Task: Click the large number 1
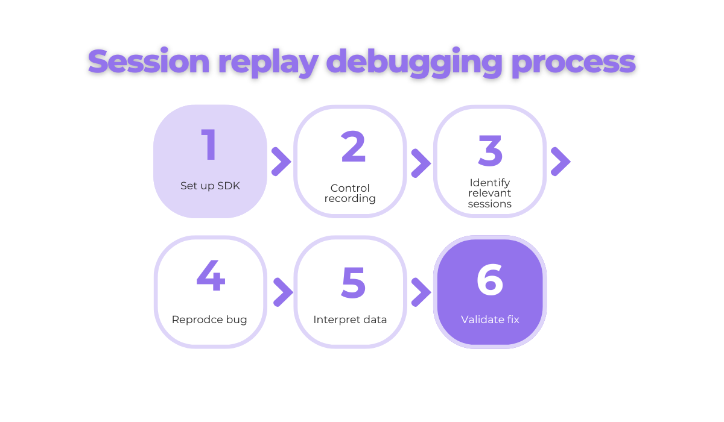tap(209, 146)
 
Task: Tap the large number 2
tap(354, 147)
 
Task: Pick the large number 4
tap(211, 277)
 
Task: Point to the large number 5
tap(354, 282)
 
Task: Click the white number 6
tap(490, 280)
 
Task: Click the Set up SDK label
tap(210, 186)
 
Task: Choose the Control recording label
tap(350, 194)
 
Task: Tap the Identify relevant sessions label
tap(490, 193)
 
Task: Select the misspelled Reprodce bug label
tap(209, 320)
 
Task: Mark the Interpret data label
tap(350, 320)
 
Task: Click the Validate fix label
tap(490, 320)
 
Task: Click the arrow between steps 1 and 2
tap(281, 162)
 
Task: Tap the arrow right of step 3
tap(560, 162)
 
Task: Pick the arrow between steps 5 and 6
tap(421, 292)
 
